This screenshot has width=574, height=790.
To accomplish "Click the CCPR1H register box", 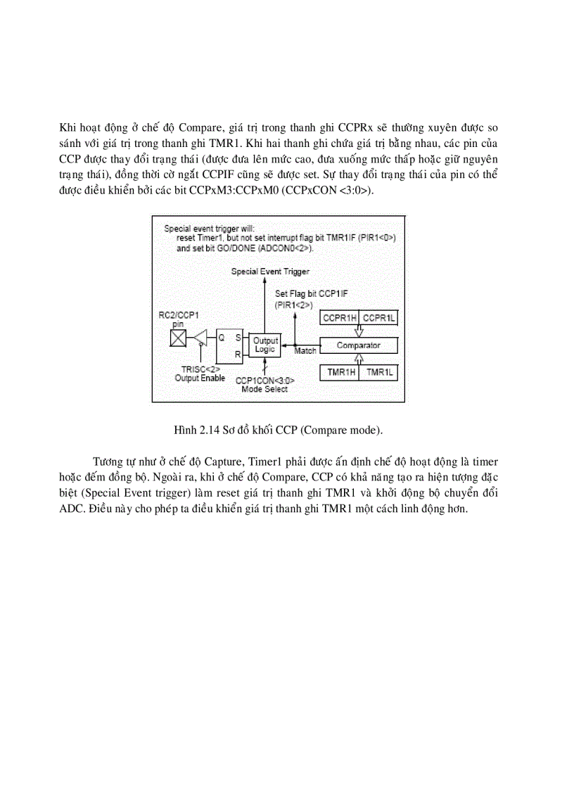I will coord(340,319).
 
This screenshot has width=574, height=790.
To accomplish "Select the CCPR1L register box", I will coord(378,319).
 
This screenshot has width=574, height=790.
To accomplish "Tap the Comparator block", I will coord(359,345).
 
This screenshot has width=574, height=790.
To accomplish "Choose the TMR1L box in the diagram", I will coord(378,371).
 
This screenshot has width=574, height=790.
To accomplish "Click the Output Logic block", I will coord(265,345).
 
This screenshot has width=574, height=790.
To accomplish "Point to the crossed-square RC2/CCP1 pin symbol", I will coord(177,340).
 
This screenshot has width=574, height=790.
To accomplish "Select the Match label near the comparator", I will coord(305,351).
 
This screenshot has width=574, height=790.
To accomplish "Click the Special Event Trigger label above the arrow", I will coord(271,271).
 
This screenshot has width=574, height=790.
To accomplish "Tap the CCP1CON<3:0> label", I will coord(265,381).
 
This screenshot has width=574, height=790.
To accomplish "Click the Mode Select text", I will coord(265,389).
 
